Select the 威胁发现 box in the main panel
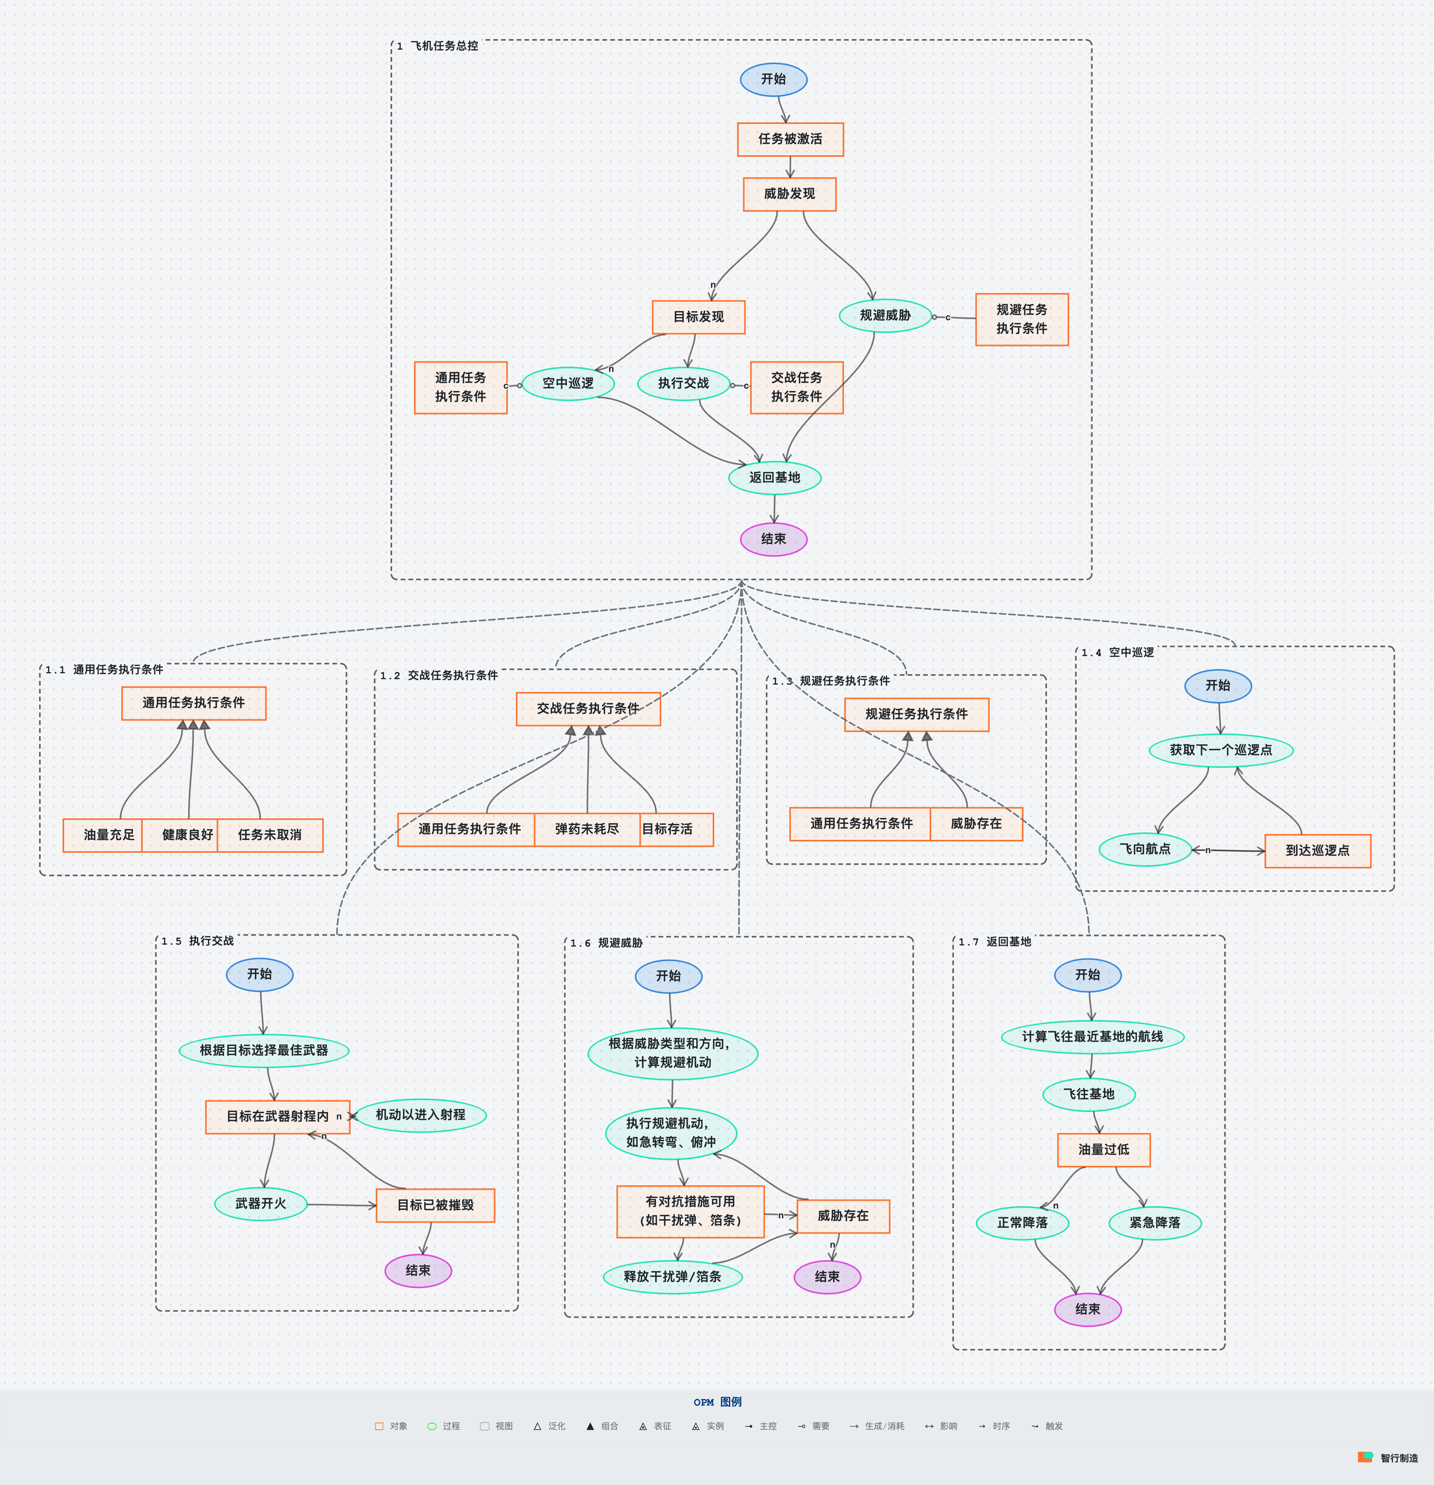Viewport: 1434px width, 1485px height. pos(789,194)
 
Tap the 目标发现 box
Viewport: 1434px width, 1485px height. pos(699,317)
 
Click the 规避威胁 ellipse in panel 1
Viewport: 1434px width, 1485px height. pos(885,315)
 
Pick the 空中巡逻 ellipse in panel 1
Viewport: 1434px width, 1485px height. pos(568,384)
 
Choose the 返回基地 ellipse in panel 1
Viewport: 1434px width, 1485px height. pos(774,477)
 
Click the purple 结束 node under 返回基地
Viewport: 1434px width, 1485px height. pos(773,539)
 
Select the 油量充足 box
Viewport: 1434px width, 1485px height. pos(108,835)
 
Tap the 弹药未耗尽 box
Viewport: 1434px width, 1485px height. pos(587,829)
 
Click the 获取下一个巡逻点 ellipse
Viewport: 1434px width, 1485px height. pos(1221,750)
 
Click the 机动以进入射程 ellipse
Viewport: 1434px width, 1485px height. pos(420,1114)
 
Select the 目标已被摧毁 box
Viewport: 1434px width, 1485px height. pos(436,1205)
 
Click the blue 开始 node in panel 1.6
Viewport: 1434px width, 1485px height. pos(668,976)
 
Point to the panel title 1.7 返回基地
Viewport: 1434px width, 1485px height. pos(995,942)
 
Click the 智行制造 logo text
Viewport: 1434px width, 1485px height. pos(1398,1458)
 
